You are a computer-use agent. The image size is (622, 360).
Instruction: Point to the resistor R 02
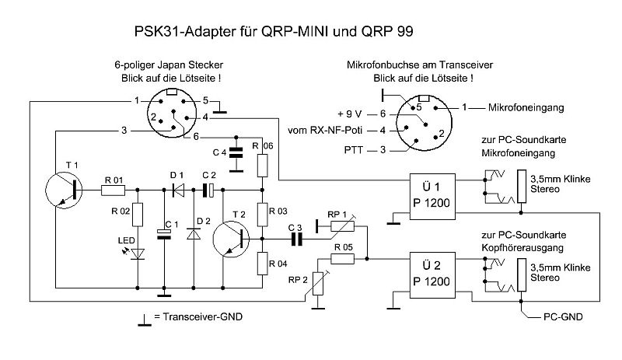click(139, 215)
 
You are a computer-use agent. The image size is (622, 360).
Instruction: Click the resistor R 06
click(262, 166)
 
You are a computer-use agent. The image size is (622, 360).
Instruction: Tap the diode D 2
click(194, 231)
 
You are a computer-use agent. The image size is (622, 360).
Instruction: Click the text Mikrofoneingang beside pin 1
click(525, 107)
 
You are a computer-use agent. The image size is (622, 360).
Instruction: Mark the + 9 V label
click(350, 113)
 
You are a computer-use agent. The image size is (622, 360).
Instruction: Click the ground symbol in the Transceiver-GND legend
click(144, 319)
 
